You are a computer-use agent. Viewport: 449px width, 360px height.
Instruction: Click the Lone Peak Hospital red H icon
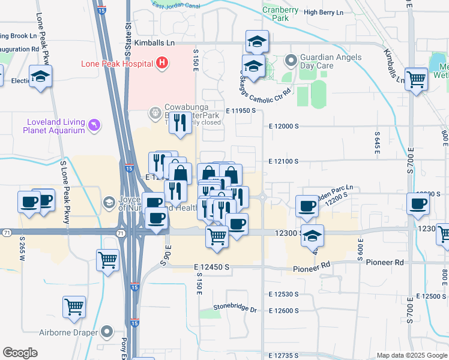(x=161, y=62)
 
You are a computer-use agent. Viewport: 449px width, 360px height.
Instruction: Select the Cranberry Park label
(x=280, y=14)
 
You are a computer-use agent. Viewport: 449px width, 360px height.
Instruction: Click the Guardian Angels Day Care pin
(x=291, y=61)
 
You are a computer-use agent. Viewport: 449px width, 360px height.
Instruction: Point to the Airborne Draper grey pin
(x=107, y=331)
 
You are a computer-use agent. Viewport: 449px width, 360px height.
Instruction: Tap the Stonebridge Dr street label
(x=236, y=310)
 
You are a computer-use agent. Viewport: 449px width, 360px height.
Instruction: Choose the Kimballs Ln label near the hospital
(x=154, y=43)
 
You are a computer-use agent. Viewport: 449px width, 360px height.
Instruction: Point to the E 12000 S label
(x=284, y=127)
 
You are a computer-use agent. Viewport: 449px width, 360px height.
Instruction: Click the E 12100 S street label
(x=284, y=161)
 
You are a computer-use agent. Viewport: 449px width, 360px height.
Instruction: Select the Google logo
(x=20, y=353)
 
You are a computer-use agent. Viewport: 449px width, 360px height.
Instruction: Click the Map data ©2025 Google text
(x=411, y=355)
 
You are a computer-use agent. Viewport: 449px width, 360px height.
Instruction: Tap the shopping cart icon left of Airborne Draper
(x=74, y=307)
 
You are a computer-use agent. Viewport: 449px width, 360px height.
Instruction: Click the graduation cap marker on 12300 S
(x=312, y=235)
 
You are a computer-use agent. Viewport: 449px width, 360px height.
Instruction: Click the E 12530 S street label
(x=284, y=294)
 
